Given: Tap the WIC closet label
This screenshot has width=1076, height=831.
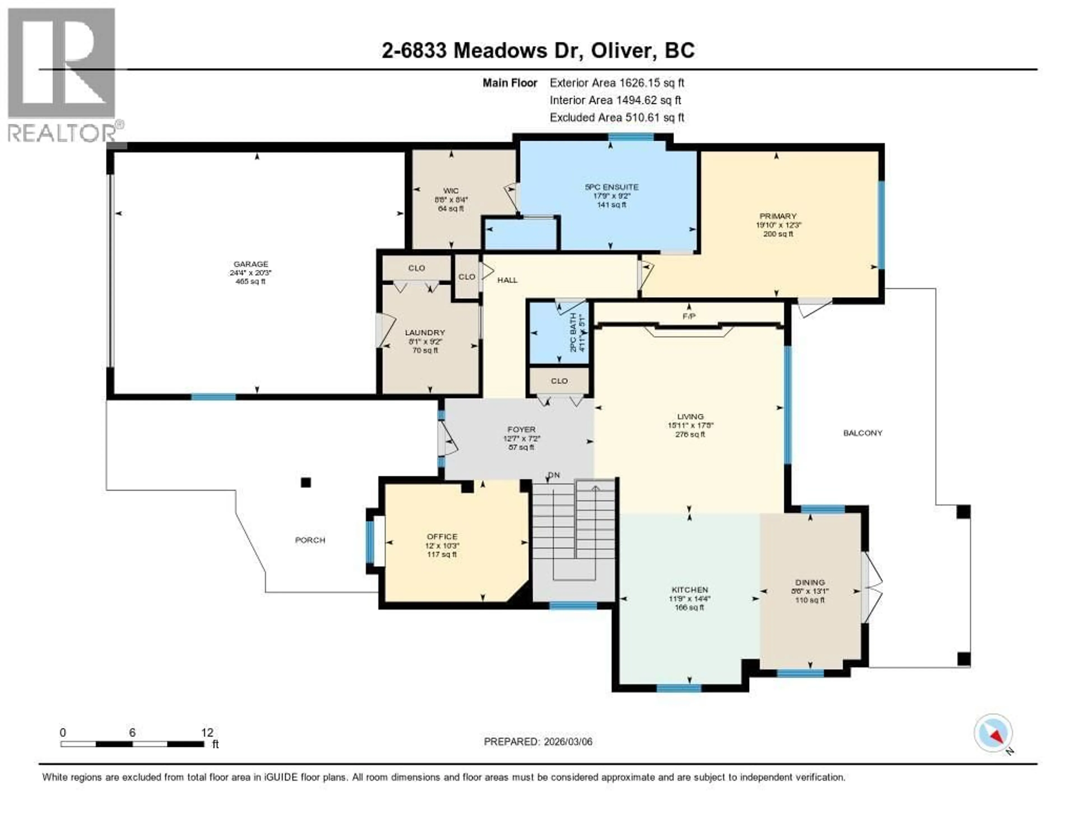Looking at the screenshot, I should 451,191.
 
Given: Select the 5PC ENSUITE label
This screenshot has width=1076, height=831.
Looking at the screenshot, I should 611,187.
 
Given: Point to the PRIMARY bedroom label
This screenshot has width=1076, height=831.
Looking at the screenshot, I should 778,216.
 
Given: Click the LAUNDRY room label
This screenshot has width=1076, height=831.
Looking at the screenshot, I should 425,333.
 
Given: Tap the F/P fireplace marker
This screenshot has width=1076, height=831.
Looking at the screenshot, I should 689,316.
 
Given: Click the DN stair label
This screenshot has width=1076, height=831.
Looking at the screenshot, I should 554,475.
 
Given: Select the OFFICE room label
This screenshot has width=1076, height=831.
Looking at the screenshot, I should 442,537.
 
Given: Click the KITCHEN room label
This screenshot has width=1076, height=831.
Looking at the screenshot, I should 689,590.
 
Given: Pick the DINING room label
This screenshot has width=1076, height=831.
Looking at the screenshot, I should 810,582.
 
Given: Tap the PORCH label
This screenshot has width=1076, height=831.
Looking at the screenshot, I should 310,540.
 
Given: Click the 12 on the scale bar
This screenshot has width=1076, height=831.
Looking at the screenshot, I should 207,732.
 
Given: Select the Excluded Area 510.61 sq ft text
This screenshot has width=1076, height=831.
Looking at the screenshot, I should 616,117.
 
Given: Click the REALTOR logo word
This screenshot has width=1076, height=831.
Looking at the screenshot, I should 62,133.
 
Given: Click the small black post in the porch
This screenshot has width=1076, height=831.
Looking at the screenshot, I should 306,483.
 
